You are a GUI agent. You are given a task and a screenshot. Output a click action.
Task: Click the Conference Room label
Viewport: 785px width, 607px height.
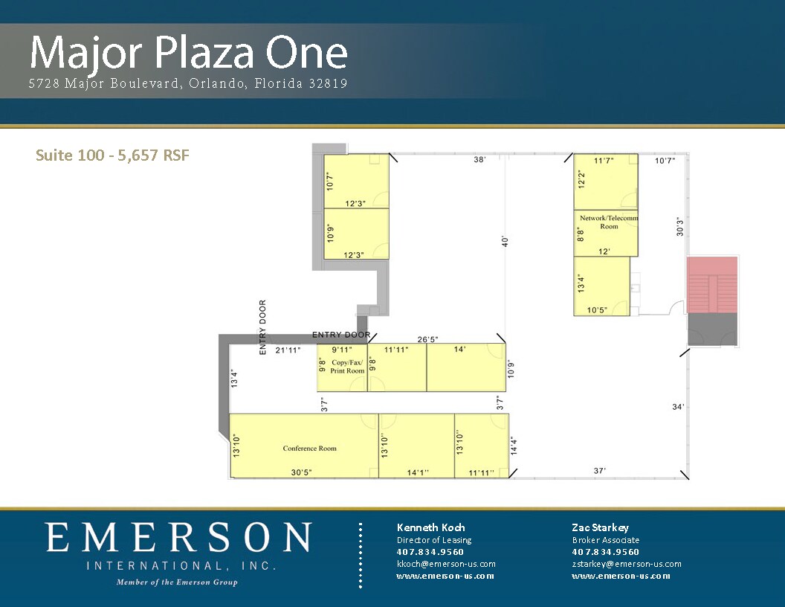tap(309, 449)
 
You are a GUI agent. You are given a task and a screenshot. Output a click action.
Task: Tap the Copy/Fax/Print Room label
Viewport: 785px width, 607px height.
tap(347, 367)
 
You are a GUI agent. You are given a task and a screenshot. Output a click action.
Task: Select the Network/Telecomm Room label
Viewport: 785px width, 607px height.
tap(609, 222)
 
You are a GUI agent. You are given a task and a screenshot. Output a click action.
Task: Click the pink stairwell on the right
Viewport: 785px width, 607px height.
tap(712, 284)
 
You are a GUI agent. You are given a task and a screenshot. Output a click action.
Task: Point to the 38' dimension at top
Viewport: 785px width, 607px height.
tap(479, 159)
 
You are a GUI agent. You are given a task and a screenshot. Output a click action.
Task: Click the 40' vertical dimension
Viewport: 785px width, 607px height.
tap(505, 242)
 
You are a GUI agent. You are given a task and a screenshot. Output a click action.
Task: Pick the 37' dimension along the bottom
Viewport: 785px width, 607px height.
tap(600, 470)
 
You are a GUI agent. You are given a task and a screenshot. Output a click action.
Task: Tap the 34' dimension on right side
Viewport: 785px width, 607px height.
tap(678, 407)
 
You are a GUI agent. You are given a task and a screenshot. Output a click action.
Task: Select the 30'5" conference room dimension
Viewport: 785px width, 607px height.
tap(301, 472)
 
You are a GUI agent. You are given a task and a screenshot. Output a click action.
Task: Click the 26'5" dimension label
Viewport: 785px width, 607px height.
tap(428, 339)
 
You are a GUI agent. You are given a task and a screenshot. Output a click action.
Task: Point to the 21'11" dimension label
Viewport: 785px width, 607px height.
tap(288, 350)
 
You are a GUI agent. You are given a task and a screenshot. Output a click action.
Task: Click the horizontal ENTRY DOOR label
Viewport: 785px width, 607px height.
tap(341, 335)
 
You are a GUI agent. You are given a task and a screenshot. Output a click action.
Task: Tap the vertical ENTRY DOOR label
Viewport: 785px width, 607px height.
tap(263, 327)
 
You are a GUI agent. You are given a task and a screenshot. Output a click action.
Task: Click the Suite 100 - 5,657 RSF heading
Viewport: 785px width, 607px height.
tap(113, 155)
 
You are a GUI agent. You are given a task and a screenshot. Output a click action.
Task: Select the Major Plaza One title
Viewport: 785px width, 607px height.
tap(189, 53)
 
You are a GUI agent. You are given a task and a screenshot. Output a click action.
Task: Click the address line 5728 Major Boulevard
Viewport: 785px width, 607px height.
tap(188, 83)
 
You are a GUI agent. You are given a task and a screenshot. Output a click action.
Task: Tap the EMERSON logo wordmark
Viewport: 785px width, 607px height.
tap(178, 537)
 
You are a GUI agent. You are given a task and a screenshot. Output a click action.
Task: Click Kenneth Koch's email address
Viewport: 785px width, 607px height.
tap(446, 564)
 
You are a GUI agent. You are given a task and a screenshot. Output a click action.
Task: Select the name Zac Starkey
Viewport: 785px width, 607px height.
tap(600, 527)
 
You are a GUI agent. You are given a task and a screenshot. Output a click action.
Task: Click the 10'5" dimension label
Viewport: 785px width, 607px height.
tap(597, 310)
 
